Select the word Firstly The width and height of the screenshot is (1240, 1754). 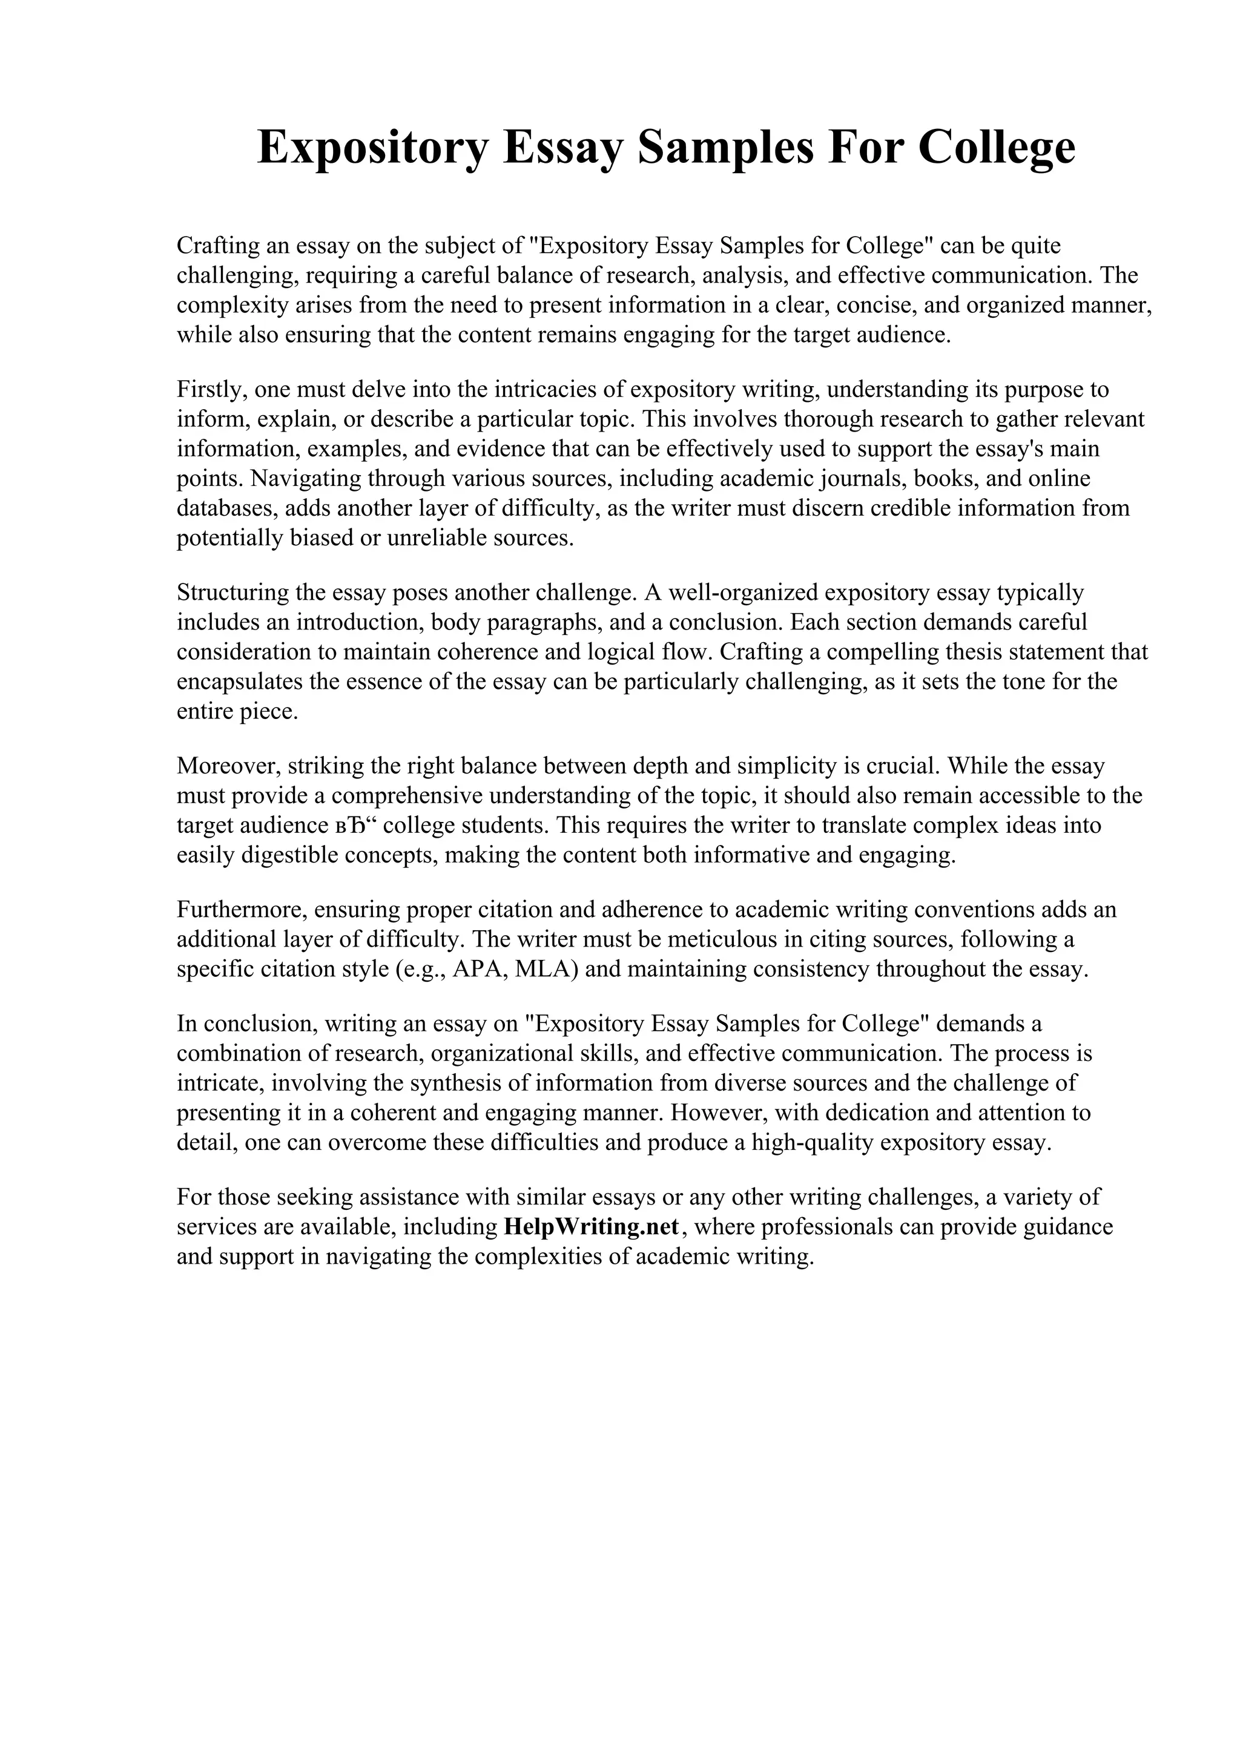tap(211, 390)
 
